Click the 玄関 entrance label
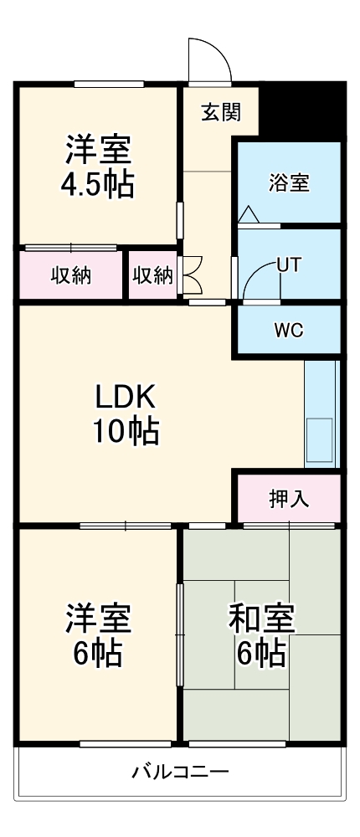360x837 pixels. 221,112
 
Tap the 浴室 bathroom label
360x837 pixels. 290,182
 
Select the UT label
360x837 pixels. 289,264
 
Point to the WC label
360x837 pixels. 288,329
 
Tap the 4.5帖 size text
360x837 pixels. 98,184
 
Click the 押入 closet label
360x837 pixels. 289,498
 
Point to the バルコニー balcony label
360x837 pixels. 180,772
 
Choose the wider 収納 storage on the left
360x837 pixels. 70,275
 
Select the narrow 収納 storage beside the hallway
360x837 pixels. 152,275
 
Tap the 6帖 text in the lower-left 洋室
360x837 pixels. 98,652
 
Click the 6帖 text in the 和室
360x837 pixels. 261,652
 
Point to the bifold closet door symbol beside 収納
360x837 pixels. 189,274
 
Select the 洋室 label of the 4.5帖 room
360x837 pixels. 98,151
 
